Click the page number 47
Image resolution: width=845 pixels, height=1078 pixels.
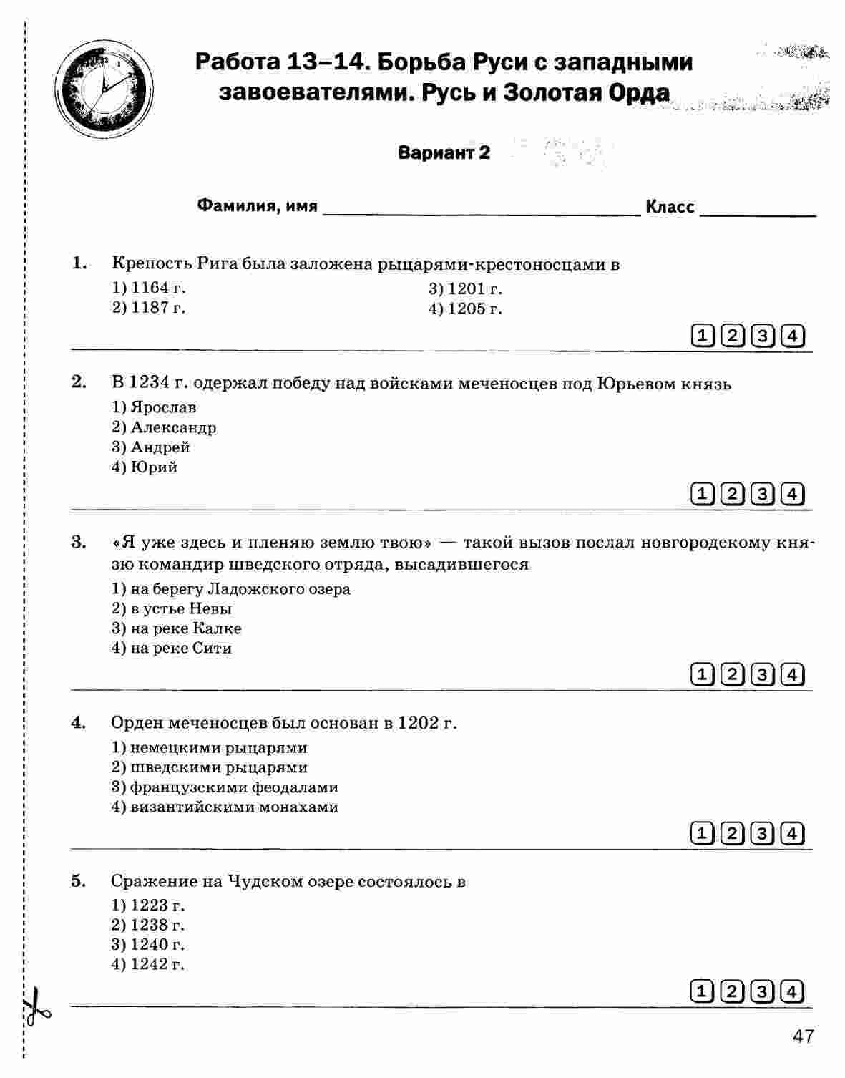[803, 1036]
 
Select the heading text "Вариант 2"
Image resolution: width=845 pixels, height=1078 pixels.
[444, 152]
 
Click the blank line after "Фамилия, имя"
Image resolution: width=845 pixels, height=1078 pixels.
[482, 210]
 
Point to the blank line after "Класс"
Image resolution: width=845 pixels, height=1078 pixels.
[758, 210]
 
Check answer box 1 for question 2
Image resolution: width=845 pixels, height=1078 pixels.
[703, 494]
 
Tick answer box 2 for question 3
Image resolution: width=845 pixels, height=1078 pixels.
[733, 674]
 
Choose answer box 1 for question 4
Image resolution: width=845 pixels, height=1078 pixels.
[703, 833]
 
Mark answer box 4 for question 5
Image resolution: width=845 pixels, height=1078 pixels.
[792, 991]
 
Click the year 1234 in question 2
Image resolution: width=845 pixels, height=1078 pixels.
[150, 383]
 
